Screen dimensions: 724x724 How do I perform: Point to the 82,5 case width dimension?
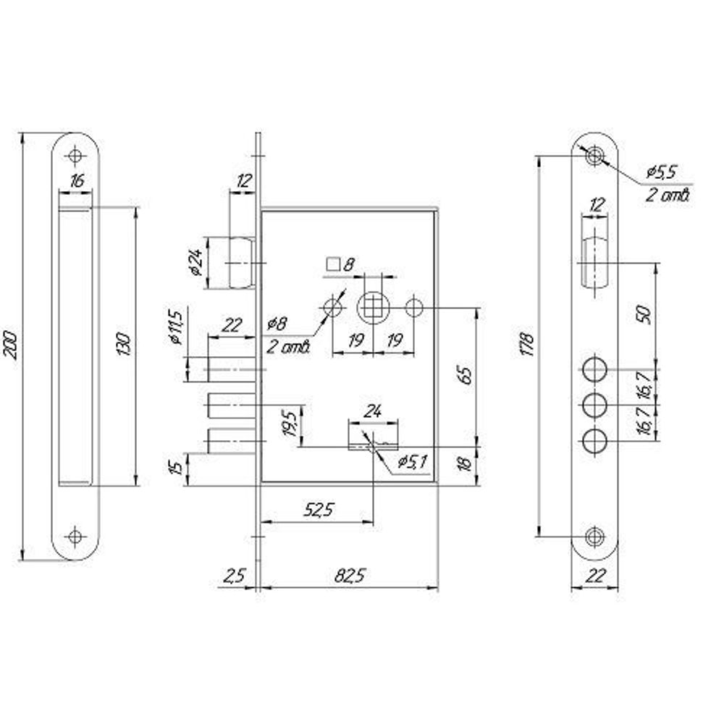(349, 576)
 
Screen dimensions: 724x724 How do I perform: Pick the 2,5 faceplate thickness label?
(233, 576)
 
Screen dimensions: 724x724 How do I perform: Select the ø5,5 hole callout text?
(661, 173)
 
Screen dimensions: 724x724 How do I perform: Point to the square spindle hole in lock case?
(373, 308)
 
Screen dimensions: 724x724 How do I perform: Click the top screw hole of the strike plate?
(75, 155)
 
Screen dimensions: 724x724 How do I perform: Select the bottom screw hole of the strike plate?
(75, 536)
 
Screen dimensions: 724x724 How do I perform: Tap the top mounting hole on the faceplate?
(595, 155)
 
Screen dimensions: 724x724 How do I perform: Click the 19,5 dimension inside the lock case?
(290, 422)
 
